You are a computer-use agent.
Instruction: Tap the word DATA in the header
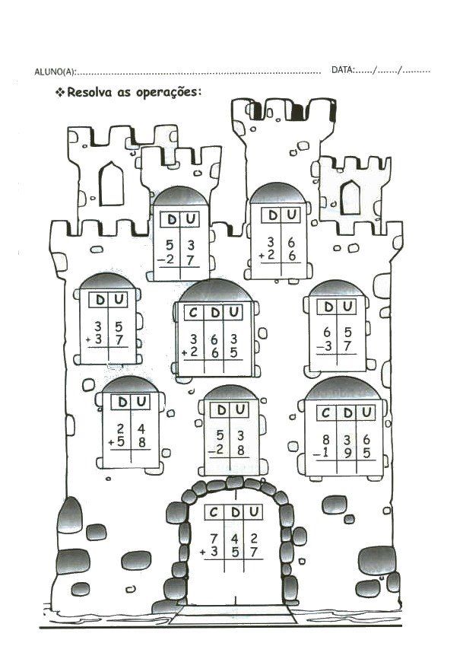(x=342, y=70)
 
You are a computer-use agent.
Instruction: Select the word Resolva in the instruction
(x=92, y=93)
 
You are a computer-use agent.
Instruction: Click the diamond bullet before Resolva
(x=59, y=93)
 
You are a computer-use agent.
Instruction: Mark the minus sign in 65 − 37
(x=320, y=348)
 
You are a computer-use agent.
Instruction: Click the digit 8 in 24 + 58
(x=140, y=442)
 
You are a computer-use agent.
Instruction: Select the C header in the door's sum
(x=214, y=512)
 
